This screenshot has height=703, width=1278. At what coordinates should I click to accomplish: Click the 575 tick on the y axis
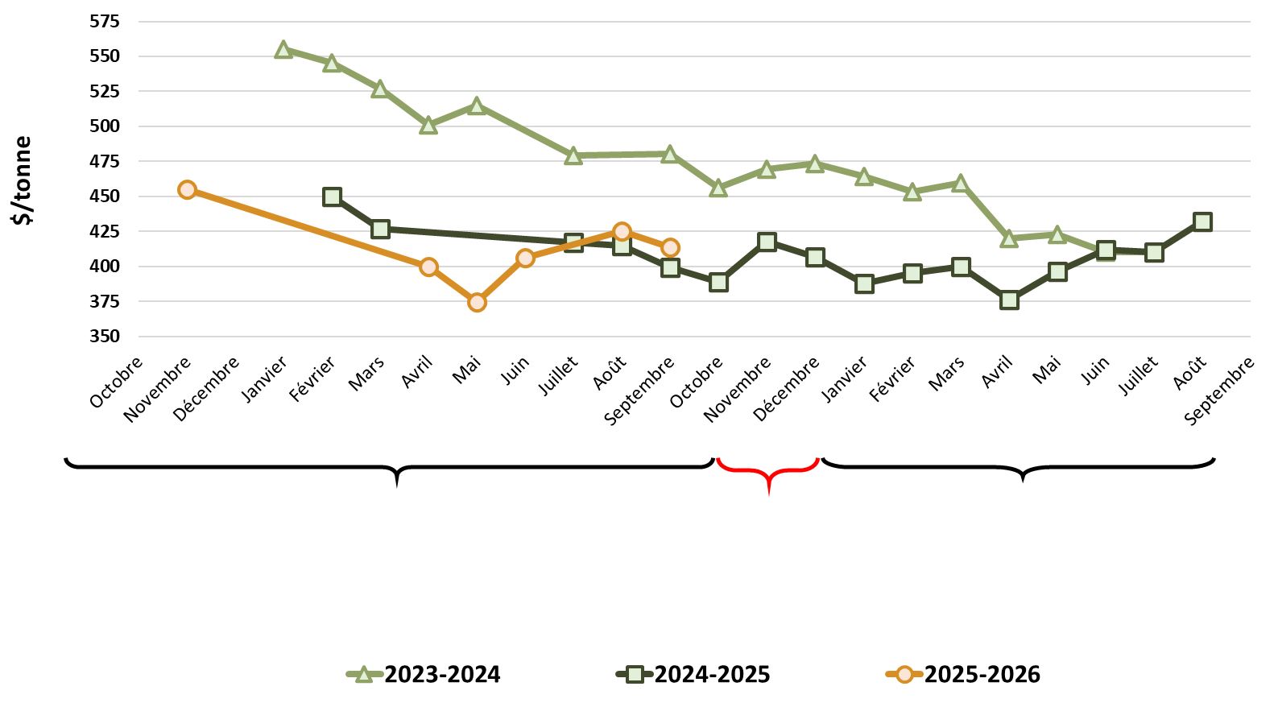coord(105,21)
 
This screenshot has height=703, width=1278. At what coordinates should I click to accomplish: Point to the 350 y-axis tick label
coord(105,336)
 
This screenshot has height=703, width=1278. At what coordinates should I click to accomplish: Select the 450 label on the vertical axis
coord(105,196)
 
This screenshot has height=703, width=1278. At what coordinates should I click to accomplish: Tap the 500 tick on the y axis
coord(105,126)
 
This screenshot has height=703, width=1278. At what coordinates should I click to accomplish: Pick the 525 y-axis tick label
coord(105,91)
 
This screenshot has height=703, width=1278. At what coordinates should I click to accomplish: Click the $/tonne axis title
coord(23,180)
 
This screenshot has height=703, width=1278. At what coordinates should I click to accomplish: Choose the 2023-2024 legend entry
coord(424,674)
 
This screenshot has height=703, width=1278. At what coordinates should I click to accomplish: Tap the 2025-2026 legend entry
coord(964,674)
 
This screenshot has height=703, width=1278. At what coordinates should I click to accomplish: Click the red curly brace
coord(768,473)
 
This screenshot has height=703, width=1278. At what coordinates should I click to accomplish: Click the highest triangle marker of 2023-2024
coord(283,50)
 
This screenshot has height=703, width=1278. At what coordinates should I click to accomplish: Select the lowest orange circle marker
coord(477,302)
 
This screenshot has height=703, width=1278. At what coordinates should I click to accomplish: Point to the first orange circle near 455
coord(187,189)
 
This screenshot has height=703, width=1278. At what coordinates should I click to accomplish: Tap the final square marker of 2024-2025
coord(1202,221)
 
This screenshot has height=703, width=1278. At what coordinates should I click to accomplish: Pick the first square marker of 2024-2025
coord(332,196)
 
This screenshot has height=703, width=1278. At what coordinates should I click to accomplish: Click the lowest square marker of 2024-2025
coord(1009,300)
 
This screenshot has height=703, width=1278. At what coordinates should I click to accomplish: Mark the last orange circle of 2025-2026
coord(670,247)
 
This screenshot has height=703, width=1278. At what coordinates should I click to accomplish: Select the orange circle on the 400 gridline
coord(428,267)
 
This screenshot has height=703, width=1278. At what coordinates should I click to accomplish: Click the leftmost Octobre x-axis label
coord(118,382)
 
